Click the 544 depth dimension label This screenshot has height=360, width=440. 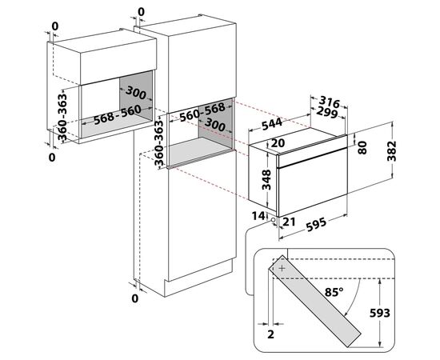(x=272, y=124)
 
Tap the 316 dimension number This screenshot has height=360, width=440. (x=330, y=102)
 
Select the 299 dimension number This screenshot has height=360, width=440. (x=327, y=112)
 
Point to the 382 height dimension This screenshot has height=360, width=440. (x=392, y=151)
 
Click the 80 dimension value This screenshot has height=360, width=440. (x=362, y=147)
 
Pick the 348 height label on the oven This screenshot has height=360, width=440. (x=266, y=179)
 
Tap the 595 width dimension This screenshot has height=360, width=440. (x=316, y=225)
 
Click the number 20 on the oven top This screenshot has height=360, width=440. (x=278, y=143)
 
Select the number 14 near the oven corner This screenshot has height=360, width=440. (x=258, y=216)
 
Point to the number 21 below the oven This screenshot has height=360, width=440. (x=289, y=222)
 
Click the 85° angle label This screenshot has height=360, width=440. (x=334, y=292)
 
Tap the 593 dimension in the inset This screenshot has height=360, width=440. (x=380, y=313)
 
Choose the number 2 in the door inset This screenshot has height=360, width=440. (x=270, y=334)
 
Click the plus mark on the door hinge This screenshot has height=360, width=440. (x=282, y=268)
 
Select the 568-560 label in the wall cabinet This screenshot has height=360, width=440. (x=117, y=114)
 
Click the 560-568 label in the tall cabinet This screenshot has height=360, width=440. (x=202, y=112)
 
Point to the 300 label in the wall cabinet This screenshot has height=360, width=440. (x=136, y=93)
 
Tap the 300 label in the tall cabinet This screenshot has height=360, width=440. (x=214, y=124)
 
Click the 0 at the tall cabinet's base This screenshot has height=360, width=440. (x=135, y=298)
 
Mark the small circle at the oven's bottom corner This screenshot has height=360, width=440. (x=273, y=220)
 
